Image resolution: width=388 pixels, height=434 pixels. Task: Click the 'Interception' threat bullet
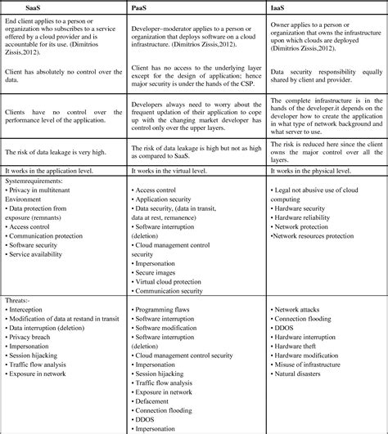(34, 311)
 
